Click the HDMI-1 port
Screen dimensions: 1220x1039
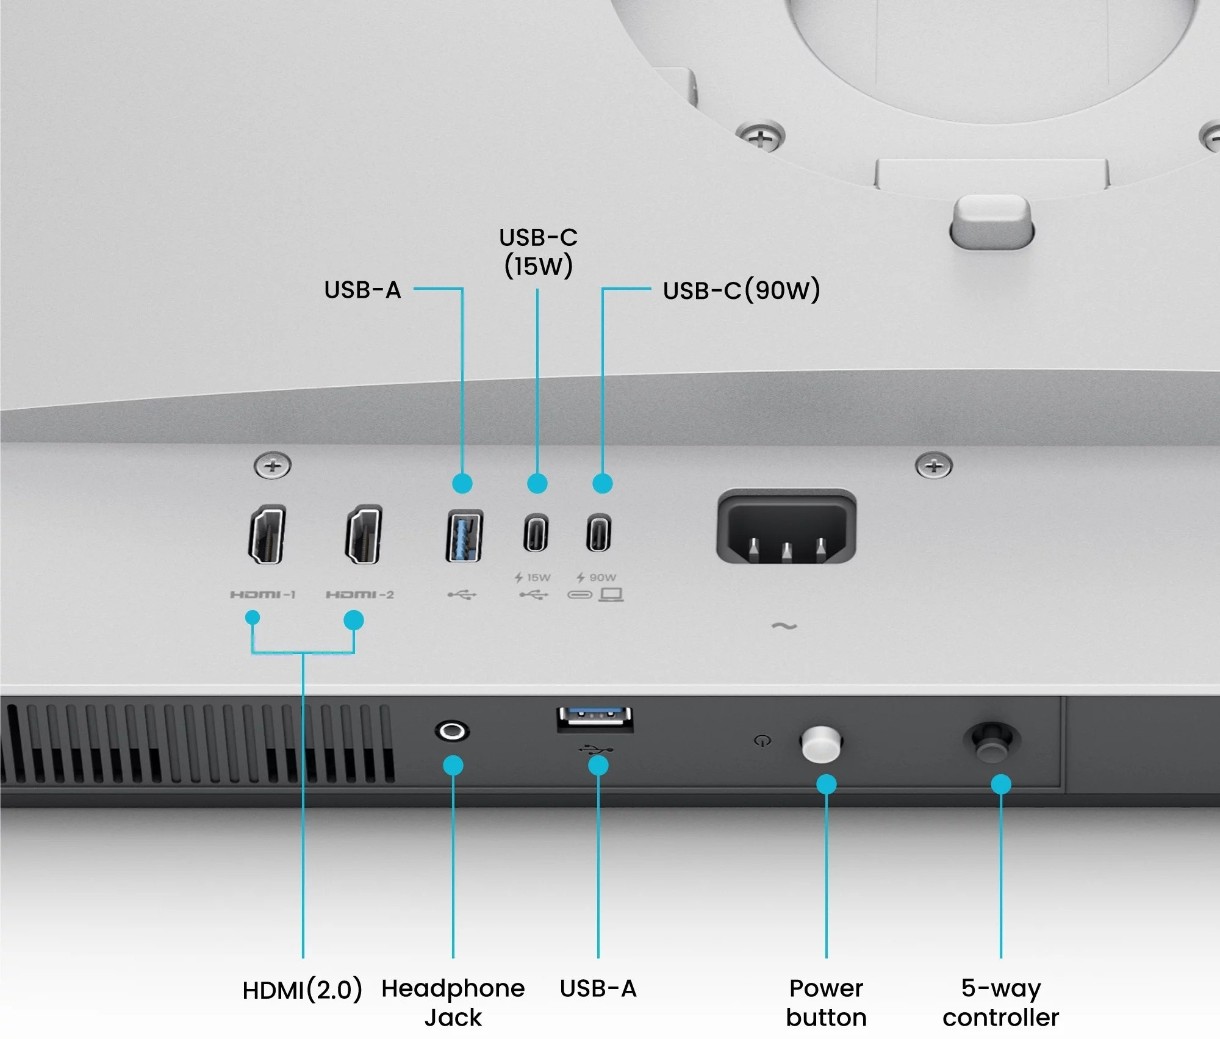click(267, 535)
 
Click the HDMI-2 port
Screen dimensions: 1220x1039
click(363, 535)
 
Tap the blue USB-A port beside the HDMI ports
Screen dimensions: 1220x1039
click(464, 536)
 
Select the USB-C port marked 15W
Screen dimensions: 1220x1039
click(536, 532)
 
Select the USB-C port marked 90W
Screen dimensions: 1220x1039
click(598, 532)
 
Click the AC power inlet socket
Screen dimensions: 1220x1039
click(786, 527)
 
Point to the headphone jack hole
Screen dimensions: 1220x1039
click(452, 731)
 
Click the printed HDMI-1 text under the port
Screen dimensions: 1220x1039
click(263, 594)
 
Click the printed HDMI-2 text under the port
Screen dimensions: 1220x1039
click(360, 594)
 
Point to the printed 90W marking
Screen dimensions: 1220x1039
click(597, 577)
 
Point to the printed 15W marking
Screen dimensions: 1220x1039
click(532, 577)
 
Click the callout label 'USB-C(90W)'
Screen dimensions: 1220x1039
click(741, 290)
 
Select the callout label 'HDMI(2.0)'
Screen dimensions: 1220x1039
click(302, 990)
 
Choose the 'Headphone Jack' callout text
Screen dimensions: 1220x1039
click(453, 1003)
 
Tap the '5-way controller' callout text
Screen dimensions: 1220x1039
click(1001, 1003)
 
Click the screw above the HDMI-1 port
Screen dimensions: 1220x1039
click(272, 466)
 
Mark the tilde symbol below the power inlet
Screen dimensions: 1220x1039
click(784, 626)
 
